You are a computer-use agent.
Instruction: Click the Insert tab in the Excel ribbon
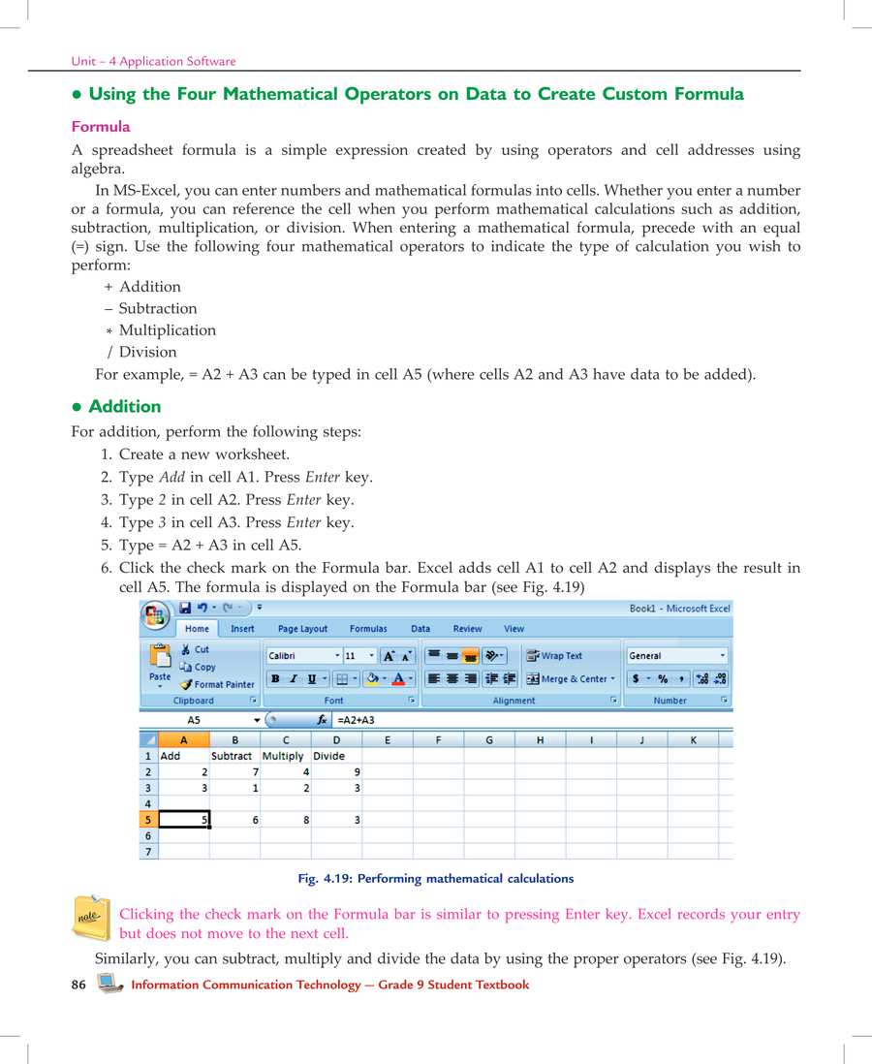click(x=242, y=629)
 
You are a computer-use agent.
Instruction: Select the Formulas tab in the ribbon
click(x=368, y=629)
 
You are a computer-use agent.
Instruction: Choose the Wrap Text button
click(x=554, y=656)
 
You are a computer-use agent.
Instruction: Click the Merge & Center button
click(x=571, y=679)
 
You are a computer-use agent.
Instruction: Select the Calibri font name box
click(x=301, y=656)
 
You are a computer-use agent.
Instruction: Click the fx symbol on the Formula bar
click(x=322, y=721)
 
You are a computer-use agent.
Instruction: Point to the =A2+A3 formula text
click(x=356, y=721)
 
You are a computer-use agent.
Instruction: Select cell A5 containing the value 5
click(x=184, y=820)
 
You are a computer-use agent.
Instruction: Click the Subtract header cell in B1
click(x=232, y=756)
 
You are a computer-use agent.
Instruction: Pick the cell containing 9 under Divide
click(x=336, y=772)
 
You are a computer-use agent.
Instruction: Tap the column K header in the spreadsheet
click(x=693, y=740)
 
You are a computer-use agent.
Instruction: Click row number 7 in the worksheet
click(x=148, y=852)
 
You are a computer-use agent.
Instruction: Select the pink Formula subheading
click(x=101, y=127)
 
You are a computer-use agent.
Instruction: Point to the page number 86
click(x=79, y=986)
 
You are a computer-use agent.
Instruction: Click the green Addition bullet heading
click(x=124, y=407)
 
